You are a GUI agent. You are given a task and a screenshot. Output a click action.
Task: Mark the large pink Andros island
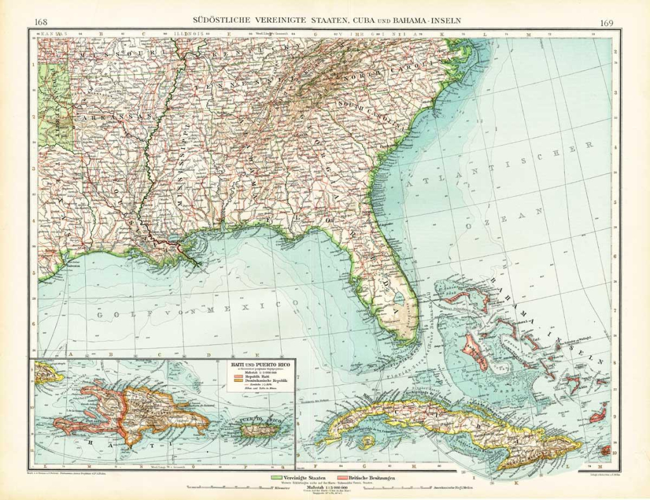point(475,353)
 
